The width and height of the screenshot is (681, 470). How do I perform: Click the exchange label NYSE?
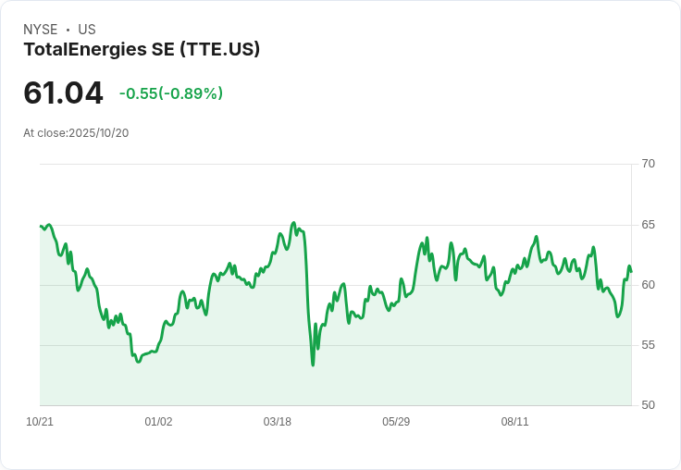[x=40, y=30]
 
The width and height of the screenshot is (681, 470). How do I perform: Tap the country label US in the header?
[x=87, y=30]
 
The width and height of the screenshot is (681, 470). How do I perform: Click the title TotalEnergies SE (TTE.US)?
[x=142, y=50]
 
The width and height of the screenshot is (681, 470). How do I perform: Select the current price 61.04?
[x=63, y=93]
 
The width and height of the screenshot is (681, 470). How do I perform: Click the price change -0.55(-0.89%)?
[x=171, y=93]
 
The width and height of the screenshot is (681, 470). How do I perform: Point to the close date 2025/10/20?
[x=99, y=133]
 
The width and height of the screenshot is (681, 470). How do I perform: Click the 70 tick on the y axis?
[x=648, y=164]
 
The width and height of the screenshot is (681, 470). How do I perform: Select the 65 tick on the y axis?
[x=648, y=225]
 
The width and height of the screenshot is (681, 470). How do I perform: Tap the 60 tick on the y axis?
[x=648, y=285]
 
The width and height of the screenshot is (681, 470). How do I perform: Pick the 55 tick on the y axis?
[x=648, y=345]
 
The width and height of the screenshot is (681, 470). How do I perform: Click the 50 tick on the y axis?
[x=648, y=405]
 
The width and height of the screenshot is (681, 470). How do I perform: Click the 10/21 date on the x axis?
[x=40, y=422]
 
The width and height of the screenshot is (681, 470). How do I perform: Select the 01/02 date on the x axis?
[x=158, y=422]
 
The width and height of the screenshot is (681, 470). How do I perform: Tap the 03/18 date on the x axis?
[x=277, y=422]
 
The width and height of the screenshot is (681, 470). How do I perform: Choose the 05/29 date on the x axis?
[x=396, y=422]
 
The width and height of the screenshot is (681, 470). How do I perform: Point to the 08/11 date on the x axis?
[x=514, y=422]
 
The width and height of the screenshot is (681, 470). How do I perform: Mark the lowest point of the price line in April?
[x=313, y=365]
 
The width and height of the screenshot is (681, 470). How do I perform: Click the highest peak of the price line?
[x=293, y=223]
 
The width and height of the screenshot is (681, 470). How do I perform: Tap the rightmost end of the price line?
[x=631, y=272]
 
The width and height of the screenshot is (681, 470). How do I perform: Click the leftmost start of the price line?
[x=41, y=226]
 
